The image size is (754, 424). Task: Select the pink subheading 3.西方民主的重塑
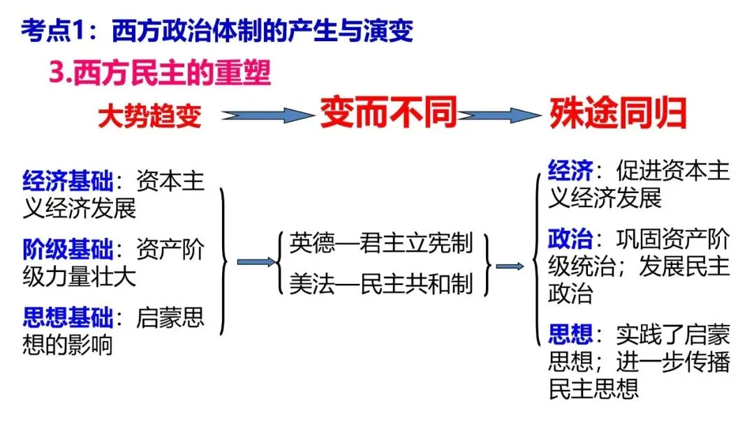point(160,73)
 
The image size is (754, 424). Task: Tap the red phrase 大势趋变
point(149,116)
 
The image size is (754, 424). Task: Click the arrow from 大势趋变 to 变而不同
point(263,115)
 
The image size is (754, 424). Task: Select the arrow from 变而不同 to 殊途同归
point(499,115)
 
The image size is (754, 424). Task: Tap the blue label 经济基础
point(67,182)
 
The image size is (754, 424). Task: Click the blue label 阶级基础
point(67,249)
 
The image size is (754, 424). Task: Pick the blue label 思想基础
point(67,318)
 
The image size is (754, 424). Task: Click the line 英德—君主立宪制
point(381,243)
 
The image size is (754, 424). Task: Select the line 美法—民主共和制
point(381,285)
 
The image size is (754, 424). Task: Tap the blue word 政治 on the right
point(570,241)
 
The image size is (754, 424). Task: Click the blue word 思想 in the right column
point(570,335)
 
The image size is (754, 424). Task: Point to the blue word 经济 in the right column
point(570,170)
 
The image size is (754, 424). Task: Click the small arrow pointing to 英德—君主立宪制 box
point(256,262)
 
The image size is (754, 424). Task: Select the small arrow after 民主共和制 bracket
point(510,266)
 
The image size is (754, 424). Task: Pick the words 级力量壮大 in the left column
point(79,276)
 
